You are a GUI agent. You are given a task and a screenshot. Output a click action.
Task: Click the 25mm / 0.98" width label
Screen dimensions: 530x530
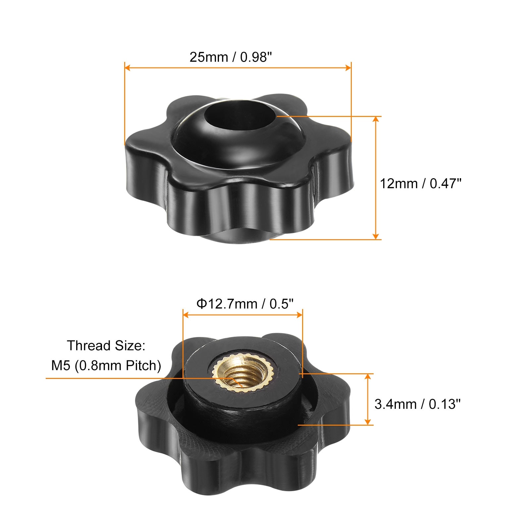tap(233, 57)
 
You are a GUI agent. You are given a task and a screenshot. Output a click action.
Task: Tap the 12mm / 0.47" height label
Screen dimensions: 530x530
tap(420, 184)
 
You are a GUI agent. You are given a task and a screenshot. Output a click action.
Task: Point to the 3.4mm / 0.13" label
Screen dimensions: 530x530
tap(417, 404)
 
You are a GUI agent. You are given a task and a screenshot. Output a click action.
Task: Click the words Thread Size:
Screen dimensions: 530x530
tap(106, 346)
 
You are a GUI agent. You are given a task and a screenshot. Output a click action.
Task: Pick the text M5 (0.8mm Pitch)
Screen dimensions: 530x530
tap(106, 366)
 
